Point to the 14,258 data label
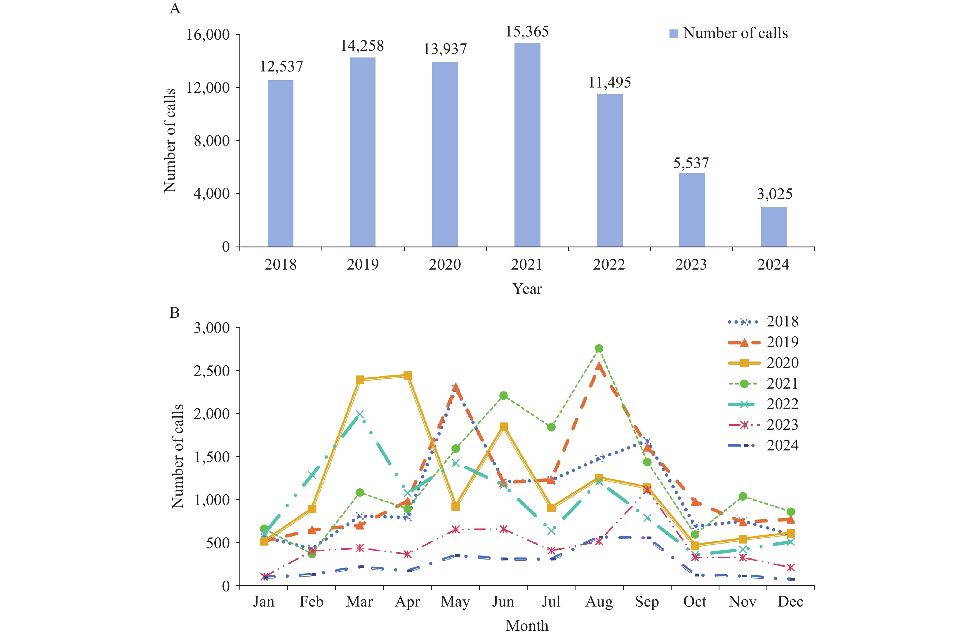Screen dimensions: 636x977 coord(362,46)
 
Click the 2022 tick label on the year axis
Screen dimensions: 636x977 coord(609,265)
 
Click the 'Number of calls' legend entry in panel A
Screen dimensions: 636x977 coord(729,33)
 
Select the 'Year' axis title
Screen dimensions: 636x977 coord(527,289)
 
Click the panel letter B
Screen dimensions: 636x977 coord(175,313)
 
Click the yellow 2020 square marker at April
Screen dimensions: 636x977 coord(407,375)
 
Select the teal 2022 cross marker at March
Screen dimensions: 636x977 coord(360,414)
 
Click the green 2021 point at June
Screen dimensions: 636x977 coord(503,396)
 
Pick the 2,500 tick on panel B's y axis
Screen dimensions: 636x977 coord(211,371)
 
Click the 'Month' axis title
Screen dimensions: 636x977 coord(527,626)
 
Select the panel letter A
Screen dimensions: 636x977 coord(175,9)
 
